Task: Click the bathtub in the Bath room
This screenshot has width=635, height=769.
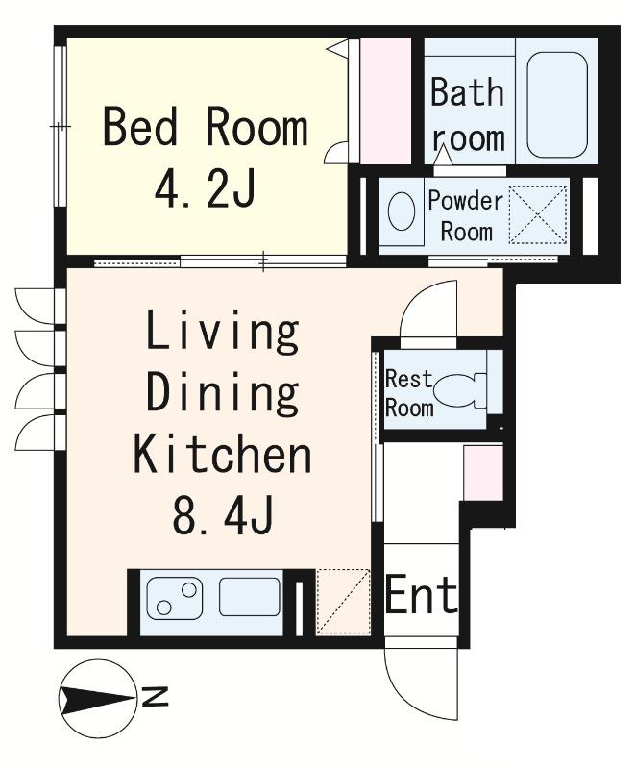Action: click(557, 105)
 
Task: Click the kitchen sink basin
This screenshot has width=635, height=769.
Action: click(250, 596)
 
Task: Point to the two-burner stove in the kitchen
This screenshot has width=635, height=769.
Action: click(175, 598)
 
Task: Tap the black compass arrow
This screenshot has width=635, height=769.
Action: click(97, 699)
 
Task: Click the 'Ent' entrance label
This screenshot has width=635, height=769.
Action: click(422, 595)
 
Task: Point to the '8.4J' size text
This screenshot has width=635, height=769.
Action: click(222, 516)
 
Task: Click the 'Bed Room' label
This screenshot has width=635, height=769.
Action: click(206, 128)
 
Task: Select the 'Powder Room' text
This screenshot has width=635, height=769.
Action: click(466, 216)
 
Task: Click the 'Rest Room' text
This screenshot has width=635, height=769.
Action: click(409, 393)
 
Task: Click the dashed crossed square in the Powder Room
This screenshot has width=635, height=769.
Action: click(538, 214)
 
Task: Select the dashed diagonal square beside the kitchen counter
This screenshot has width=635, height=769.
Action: click(343, 602)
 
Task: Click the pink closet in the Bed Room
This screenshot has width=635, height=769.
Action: click(385, 101)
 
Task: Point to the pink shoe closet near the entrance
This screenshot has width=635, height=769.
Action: click(483, 473)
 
